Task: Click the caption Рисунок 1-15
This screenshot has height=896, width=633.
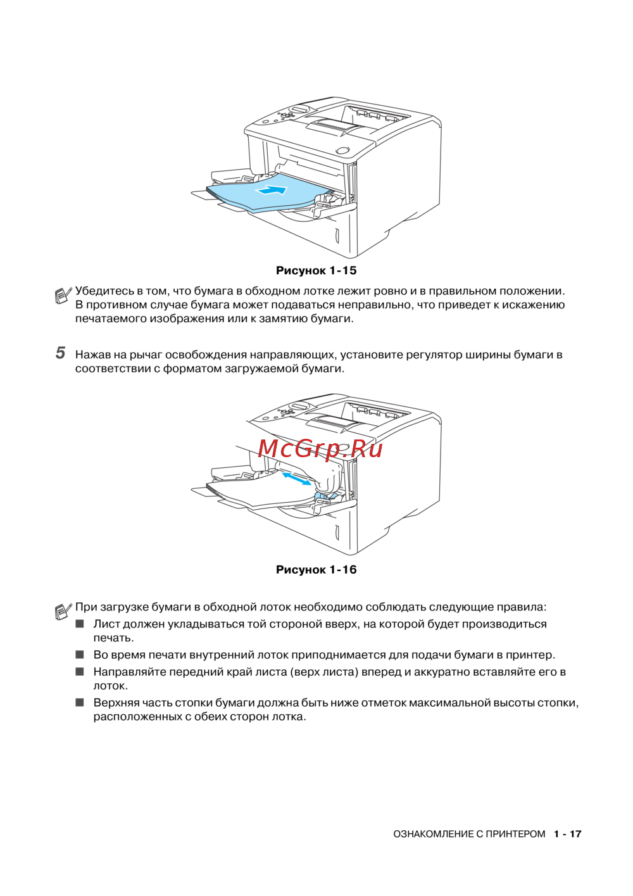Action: pyautogui.click(x=316, y=270)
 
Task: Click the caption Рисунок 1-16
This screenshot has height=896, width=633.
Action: pyautogui.click(x=316, y=569)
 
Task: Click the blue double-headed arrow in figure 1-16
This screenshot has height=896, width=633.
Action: pyautogui.click(x=296, y=479)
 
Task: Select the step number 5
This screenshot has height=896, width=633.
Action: pyautogui.click(x=60, y=353)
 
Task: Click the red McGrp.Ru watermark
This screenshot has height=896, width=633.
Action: pyautogui.click(x=320, y=448)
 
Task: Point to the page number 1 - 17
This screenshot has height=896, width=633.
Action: pyautogui.click(x=567, y=834)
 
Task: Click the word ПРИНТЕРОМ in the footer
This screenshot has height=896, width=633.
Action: pyautogui.click(x=515, y=834)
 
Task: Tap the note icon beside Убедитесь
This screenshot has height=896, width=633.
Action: pyautogui.click(x=63, y=294)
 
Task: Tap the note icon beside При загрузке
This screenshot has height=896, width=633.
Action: pyautogui.click(x=63, y=610)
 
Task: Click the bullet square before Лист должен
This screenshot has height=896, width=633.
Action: pyautogui.click(x=80, y=624)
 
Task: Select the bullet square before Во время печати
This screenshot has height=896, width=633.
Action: pyautogui.click(x=80, y=655)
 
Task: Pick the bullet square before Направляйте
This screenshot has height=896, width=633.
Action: pyautogui.click(x=80, y=672)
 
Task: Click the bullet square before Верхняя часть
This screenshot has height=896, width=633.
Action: pyautogui.click(x=80, y=702)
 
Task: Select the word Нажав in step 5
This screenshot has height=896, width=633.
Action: pyautogui.click(x=92, y=355)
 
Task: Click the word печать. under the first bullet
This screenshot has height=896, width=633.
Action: pyautogui.click(x=113, y=638)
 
